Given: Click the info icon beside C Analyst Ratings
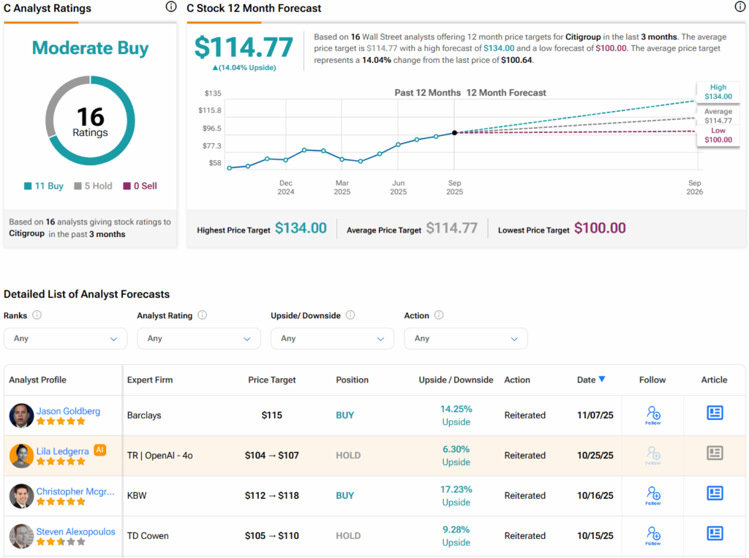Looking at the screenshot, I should click(x=171, y=7).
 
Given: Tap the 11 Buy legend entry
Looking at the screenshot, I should click(x=44, y=186).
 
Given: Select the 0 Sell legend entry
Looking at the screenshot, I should click(x=140, y=186).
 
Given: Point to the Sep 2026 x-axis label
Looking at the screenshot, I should click(x=694, y=187).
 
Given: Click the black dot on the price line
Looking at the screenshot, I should click(x=455, y=132).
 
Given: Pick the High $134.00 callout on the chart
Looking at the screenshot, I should click(x=718, y=91).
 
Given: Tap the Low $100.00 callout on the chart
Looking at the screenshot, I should click(x=718, y=135).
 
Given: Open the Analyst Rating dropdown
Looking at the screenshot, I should click(x=198, y=339).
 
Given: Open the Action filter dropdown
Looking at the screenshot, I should click(x=465, y=339).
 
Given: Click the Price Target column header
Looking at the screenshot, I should click(x=272, y=380).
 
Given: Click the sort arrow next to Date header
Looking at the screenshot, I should click(x=602, y=380).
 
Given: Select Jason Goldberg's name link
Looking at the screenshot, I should click(x=68, y=411).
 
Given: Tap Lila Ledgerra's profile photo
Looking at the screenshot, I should click(x=21, y=456).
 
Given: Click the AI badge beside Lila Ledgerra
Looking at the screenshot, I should click(x=99, y=450).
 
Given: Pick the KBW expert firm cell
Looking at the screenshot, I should click(x=137, y=496).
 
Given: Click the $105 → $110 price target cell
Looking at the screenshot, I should click(x=272, y=536).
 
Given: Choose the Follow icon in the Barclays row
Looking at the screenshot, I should click(x=653, y=415).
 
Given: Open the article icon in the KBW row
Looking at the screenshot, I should click(x=715, y=494).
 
